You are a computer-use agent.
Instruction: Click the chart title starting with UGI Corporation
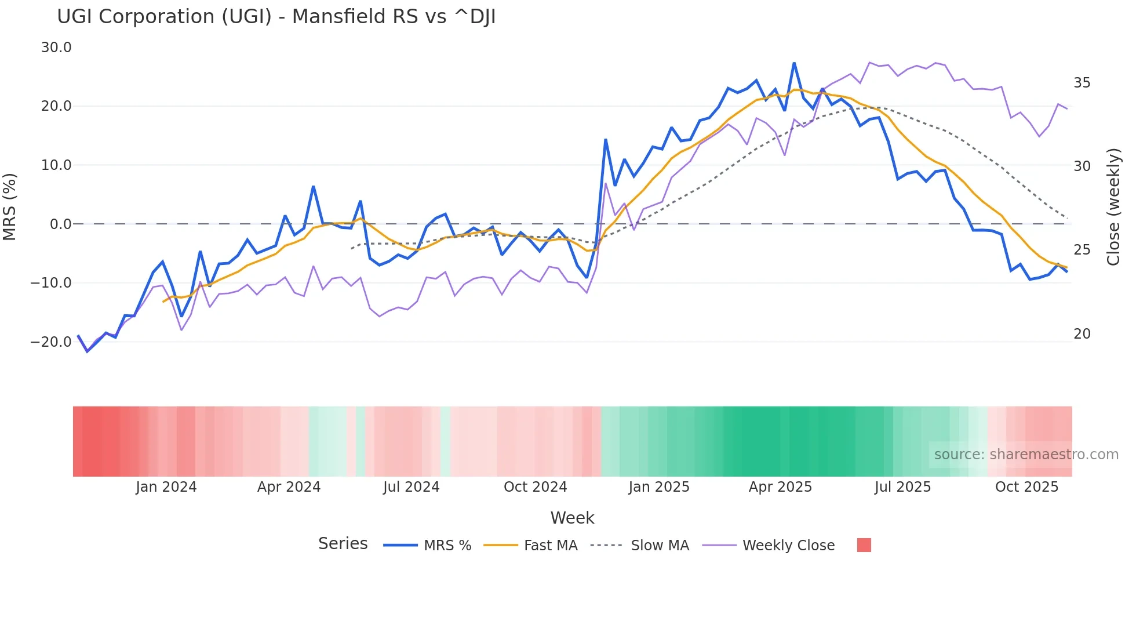(276, 17)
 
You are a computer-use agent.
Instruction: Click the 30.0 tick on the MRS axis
(56, 48)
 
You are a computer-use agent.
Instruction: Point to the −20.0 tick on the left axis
(51, 342)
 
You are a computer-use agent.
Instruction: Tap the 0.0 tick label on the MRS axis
(61, 224)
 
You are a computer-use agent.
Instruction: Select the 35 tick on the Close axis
(1082, 83)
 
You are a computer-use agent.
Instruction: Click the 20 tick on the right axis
(1082, 334)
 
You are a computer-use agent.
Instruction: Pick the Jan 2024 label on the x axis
(166, 487)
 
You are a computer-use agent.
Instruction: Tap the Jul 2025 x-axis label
(902, 487)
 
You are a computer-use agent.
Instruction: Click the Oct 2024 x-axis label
(535, 487)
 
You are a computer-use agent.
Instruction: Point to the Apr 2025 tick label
(780, 487)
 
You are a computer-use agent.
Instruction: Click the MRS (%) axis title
(10, 207)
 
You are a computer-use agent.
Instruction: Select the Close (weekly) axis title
(1113, 207)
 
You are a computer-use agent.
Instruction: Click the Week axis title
(572, 518)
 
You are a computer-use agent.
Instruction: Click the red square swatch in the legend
(864, 545)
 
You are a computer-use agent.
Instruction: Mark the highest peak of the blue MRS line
(794, 63)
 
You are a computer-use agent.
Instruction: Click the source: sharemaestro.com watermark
(1026, 455)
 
